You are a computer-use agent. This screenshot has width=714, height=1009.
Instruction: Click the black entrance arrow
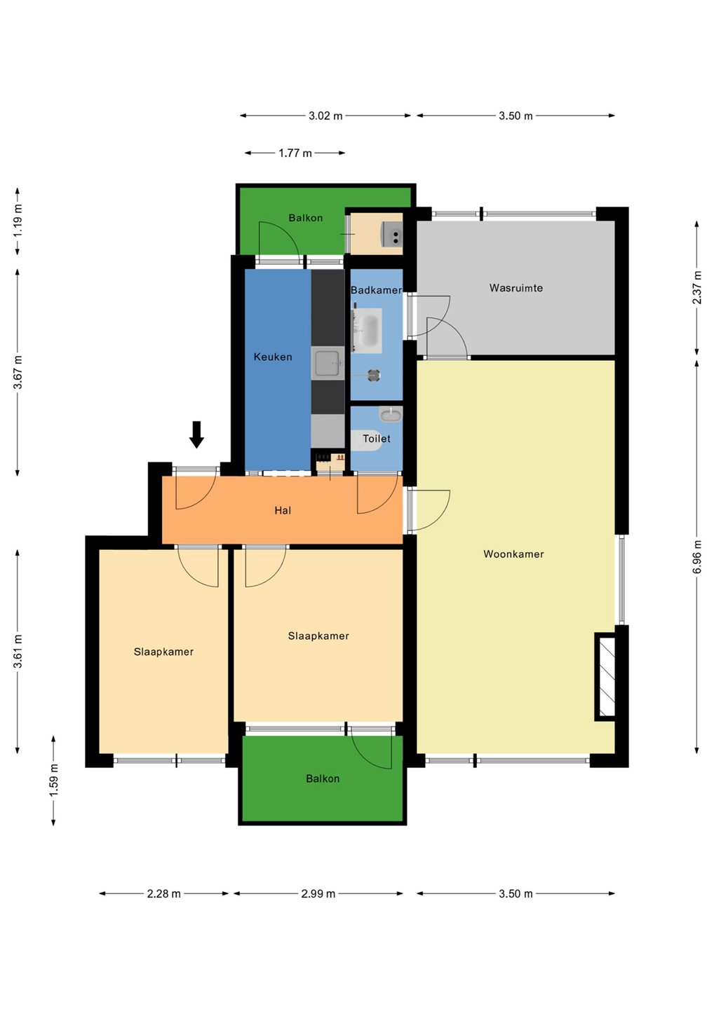[x=196, y=434]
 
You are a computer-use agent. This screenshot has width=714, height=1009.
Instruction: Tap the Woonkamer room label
[x=513, y=554]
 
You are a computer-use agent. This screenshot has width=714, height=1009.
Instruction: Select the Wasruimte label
[x=516, y=288]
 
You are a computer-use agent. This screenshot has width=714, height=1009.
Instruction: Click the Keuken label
[x=273, y=357]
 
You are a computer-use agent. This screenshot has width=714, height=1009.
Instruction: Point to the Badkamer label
[x=377, y=290]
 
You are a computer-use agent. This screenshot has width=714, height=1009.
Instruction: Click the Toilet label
[x=377, y=439]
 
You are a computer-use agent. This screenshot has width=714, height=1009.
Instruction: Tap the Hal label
[x=283, y=510]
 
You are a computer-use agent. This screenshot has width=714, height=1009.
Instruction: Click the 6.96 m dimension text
[x=697, y=557]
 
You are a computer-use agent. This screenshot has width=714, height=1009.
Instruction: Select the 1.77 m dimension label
[x=295, y=153]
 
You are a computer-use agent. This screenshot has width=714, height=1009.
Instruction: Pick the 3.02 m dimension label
[x=325, y=116]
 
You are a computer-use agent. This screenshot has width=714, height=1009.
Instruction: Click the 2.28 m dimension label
[x=163, y=893]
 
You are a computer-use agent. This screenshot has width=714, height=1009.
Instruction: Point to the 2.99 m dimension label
[x=318, y=893]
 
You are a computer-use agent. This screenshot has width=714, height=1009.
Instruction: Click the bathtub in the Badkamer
[x=370, y=331]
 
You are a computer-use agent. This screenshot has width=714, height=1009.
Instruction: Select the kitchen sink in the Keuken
[x=328, y=364]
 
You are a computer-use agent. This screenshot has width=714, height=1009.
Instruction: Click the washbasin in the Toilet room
[x=391, y=414]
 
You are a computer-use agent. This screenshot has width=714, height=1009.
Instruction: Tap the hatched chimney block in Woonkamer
[x=606, y=677]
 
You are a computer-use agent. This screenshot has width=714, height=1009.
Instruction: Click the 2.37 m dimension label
[x=697, y=287]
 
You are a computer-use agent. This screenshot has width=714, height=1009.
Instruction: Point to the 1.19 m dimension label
[x=18, y=221]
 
